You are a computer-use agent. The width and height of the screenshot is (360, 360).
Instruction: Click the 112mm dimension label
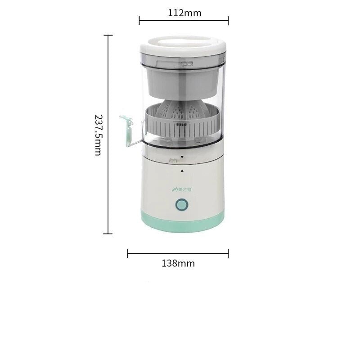[x=184, y=13]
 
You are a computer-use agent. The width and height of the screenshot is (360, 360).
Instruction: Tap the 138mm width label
[x=178, y=264]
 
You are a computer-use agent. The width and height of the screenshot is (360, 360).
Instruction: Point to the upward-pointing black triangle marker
[x=181, y=171]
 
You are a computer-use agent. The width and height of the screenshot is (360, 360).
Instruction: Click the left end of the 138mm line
[x=128, y=254]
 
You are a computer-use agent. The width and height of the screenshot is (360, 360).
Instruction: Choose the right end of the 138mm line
[x=229, y=254]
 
